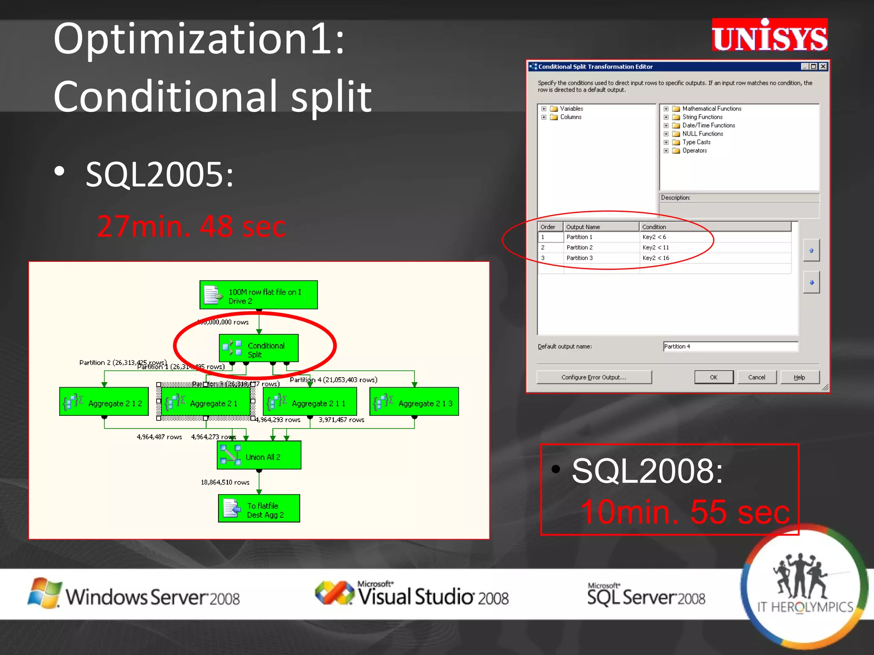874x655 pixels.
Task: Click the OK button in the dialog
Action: [x=714, y=377]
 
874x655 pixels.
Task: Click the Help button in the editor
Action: [x=799, y=377]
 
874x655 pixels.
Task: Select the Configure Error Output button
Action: [x=594, y=377]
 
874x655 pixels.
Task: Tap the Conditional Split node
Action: [x=259, y=350]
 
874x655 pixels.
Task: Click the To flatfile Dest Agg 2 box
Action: [x=259, y=509]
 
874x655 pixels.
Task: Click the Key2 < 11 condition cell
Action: [x=656, y=247]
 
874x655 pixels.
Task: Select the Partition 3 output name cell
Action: [x=580, y=258]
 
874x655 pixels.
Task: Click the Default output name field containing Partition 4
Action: [x=730, y=347]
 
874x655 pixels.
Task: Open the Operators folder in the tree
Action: [x=694, y=151]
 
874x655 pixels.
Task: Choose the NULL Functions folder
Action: [x=702, y=134]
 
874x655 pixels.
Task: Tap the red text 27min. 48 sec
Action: [x=191, y=226]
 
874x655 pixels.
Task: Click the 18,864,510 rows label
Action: [x=225, y=482]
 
